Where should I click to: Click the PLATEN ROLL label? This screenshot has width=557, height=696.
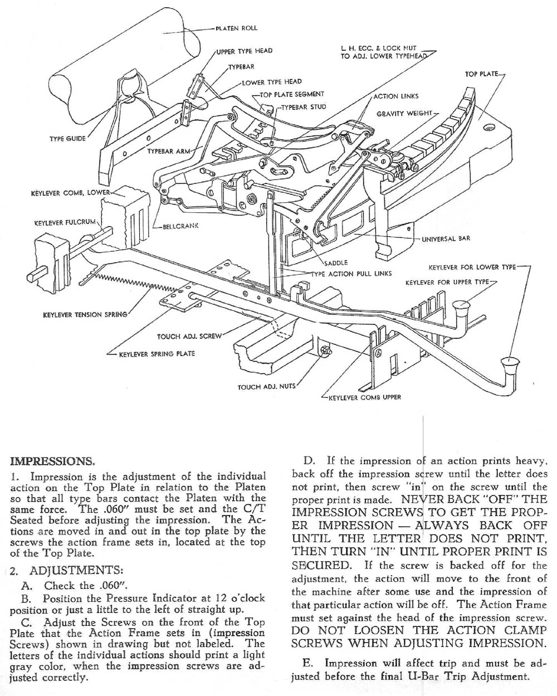pyautogui.click(x=236, y=28)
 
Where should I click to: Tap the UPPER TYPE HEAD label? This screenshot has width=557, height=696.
pyautogui.click(x=244, y=51)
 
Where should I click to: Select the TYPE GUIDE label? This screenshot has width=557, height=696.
pyautogui.click(x=68, y=138)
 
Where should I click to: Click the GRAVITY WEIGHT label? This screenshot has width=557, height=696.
pyautogui.click(x=404, y=114)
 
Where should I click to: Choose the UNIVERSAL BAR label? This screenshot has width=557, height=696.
pyautogui.click(x=446, y=239)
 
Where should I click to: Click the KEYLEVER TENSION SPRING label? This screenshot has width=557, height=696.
pyautogui.click(x=85, y=315)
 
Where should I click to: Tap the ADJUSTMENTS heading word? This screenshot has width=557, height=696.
pyautogui.click(x=75, y=570)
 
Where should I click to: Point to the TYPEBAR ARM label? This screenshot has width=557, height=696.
pyautogui.click(x=169, y=151)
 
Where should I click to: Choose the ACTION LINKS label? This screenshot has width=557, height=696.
pyautogui.click(x=395, y=96)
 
